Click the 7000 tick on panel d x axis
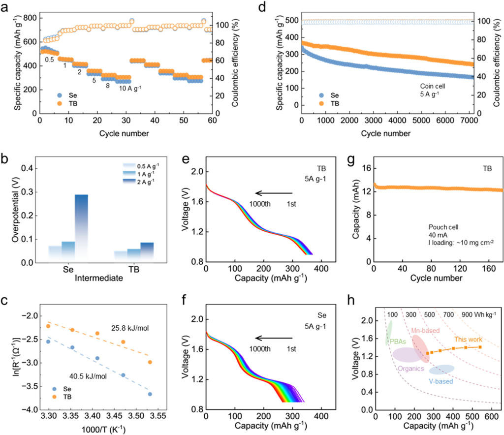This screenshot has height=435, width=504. click(468, 121)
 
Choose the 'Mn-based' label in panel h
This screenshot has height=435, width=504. click(426, 332)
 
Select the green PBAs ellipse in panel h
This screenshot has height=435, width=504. click(389, 333)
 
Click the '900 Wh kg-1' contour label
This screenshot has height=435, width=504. click(478, 313)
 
